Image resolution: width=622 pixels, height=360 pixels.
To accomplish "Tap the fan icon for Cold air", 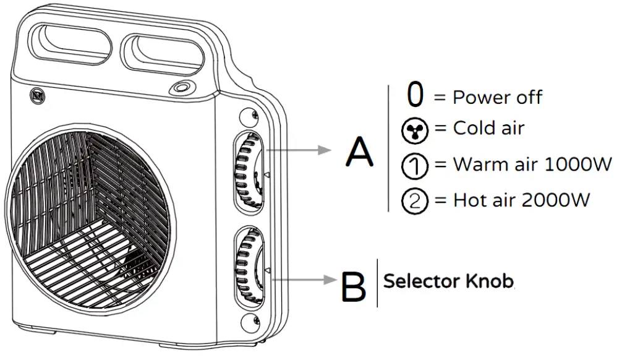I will tap(415, 131).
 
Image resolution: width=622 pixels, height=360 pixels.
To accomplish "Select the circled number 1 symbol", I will tap(415, 166).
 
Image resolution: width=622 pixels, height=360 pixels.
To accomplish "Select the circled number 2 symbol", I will tap(415, 200).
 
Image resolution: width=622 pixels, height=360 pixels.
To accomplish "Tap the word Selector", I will tap(421, 281).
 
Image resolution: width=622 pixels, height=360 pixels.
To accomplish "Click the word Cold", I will tap(472, 129).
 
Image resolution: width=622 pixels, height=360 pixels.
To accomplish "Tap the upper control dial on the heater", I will tap(249, 169).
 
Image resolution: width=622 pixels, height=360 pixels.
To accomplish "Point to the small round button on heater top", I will tap(182, 88).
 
